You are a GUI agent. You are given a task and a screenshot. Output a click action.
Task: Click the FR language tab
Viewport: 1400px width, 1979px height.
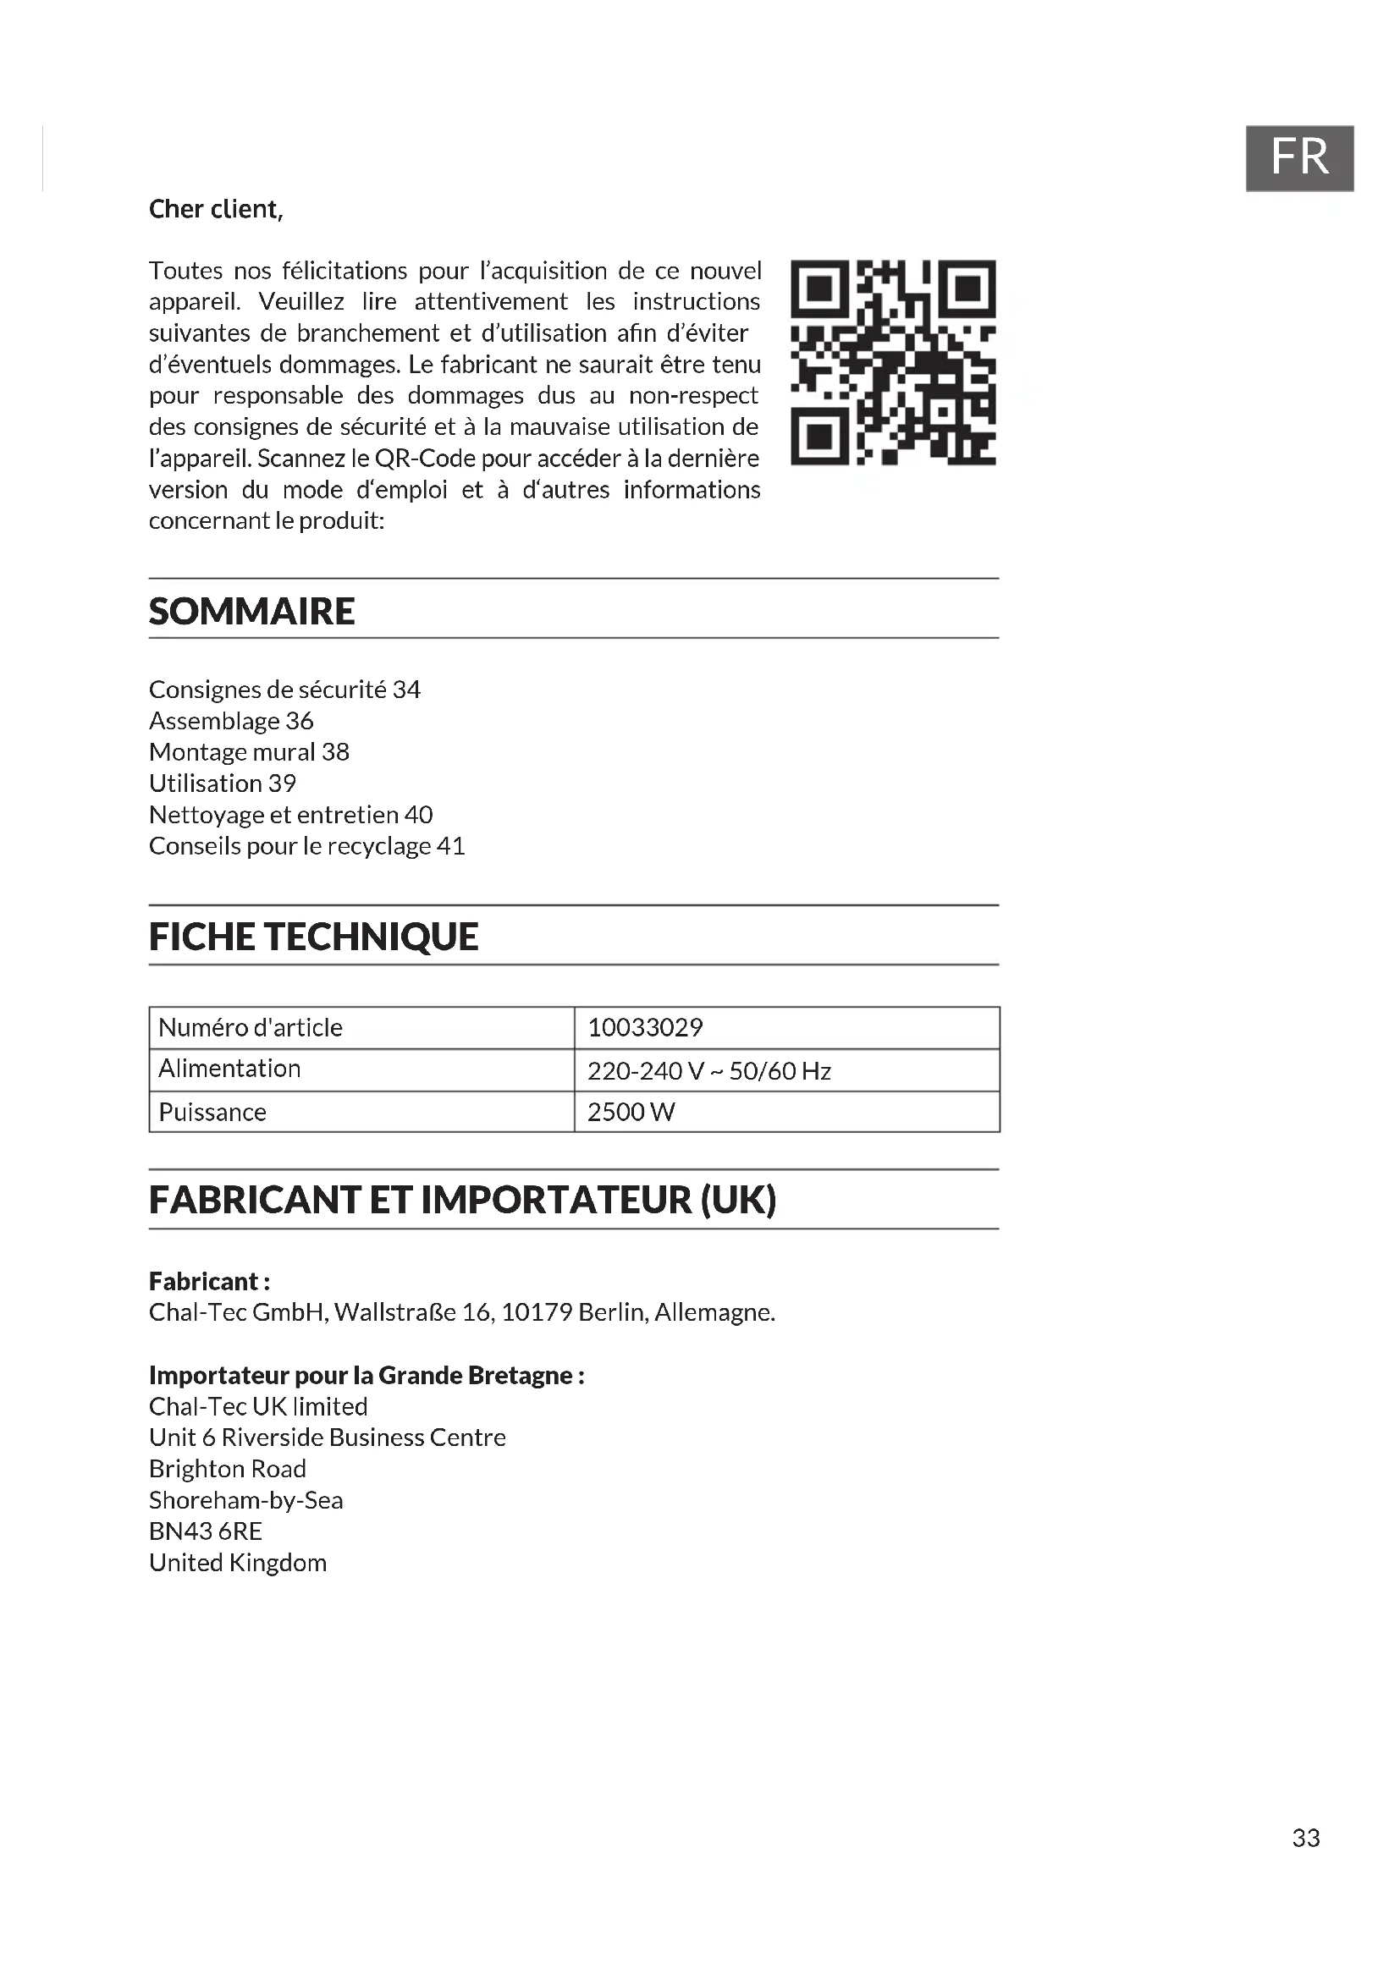[1299, 157]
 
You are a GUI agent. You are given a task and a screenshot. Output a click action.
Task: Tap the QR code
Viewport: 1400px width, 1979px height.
[893, 362]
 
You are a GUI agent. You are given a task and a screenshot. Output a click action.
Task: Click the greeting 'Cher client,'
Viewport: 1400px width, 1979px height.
[216, 210]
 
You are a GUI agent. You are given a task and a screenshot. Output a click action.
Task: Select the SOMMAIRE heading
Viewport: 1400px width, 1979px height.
[251, 611]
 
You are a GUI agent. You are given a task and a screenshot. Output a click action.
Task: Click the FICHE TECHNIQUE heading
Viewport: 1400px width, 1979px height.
[313, 937]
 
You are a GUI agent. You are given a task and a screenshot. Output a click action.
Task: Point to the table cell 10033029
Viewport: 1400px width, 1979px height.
[645, 1027]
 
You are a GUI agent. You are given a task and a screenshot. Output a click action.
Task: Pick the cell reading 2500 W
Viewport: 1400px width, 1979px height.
[631, 1112]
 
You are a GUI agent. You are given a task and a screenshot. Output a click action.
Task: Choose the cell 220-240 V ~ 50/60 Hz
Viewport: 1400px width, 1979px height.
[708, 1070]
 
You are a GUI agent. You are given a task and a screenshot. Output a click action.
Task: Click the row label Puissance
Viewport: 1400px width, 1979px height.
[212, 1112]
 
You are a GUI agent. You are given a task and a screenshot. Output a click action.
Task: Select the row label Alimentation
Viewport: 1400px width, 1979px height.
[229, 1069]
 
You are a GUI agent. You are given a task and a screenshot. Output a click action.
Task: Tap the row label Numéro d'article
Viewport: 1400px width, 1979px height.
[250, 1027]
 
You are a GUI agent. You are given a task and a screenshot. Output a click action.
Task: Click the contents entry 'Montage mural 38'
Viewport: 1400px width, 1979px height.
[249, 752]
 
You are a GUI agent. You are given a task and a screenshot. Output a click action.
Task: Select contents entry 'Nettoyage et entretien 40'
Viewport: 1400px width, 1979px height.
[290, 815]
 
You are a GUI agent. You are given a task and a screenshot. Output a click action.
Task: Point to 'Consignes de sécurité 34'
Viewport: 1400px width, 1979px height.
[284, 690]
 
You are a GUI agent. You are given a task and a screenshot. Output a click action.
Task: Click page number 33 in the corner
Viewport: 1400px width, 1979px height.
[1305, 1839]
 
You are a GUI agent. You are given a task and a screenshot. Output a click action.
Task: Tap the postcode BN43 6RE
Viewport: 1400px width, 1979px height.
[205, 1531]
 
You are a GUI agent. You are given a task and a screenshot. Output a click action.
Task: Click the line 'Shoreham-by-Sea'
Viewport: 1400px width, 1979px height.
[245, 1500]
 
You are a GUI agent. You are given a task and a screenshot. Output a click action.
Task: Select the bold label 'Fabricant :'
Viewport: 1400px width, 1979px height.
[209, 1281]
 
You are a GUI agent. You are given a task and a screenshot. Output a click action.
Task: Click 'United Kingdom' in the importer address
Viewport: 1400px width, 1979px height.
[238, 1563]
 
